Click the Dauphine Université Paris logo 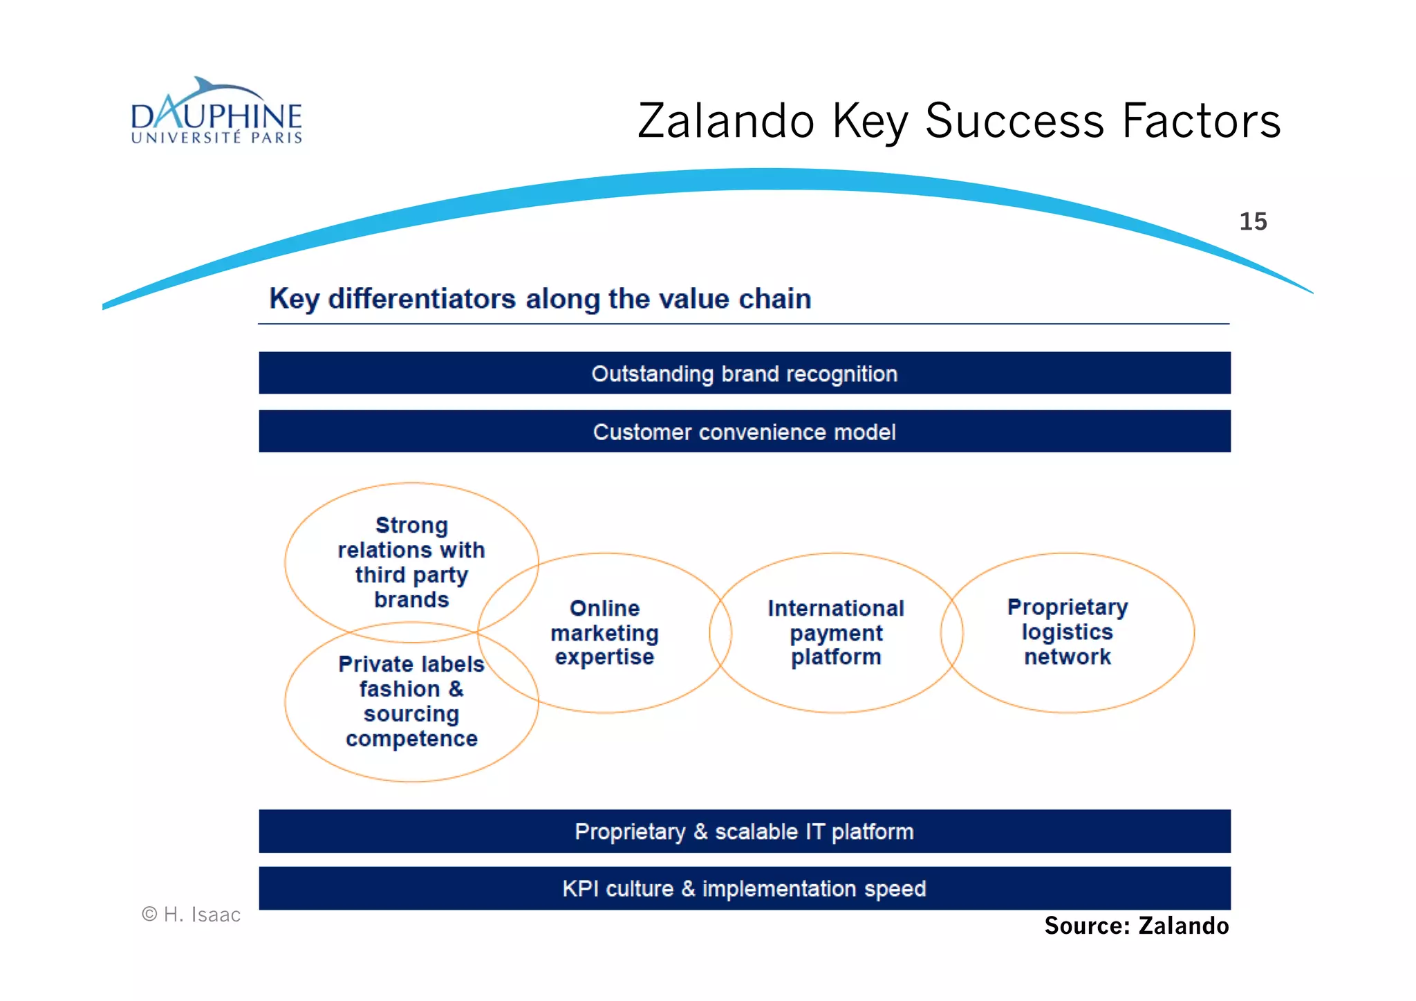pyautogui.click(x=216, y=112)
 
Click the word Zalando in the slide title pyautogui.click(x=726, y=121)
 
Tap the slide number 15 pyautogui.click(x=1253, y=221)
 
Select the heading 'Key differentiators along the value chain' pyautogui.click(x=540, y=299)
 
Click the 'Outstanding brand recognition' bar pyautogui.click(x=745, y=374)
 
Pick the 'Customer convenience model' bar pyautogui.click(x=745, y=432)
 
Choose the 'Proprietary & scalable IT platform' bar pyautogui.click(x=745, y=831)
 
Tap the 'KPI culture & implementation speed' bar pyautogui.click(x=745, y=888)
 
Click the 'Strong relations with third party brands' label pyautogui.click(x=411, y=562)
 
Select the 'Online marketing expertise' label pyautogui.click(x=605, y=632)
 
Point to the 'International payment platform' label pyautogui.click(x=836, y=632)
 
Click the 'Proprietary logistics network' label pyautogui.click(x=1068, y=631)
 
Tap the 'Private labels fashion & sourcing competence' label pyautogui.click(x=411, y=701)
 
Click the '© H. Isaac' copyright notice pyautogui.click(x=192, y=915)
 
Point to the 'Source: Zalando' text pyautogui.click(x=1137, y=926)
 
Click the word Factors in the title pyautogui.click(x=1201, y=121)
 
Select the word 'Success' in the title pyautogui.click(x=1015, y=121)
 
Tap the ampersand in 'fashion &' pyautogui.click(x=456, y=689)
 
